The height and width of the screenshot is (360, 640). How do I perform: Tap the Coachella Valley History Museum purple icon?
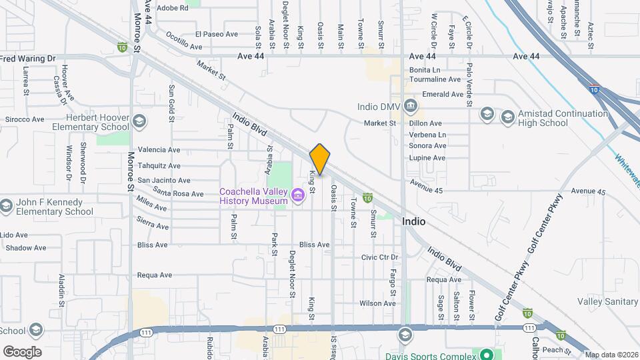[298, 194]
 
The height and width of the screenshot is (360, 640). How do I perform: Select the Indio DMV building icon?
[410, 107]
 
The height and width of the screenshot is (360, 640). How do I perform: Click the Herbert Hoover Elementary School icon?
[139, 121]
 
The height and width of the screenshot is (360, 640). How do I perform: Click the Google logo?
[22, 352]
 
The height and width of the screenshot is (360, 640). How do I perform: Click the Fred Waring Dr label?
[28, 59]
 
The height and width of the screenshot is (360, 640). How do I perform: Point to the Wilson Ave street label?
[378, 303]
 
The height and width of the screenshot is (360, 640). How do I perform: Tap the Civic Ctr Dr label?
[379, 257]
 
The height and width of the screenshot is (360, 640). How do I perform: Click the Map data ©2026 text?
[611, 355]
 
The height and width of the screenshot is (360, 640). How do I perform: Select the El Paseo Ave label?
[217, 33]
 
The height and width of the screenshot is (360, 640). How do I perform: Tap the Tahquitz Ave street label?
[159, 165]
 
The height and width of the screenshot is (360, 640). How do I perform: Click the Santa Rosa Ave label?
[178, 194]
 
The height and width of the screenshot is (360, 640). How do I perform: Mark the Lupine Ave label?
[427, 158]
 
